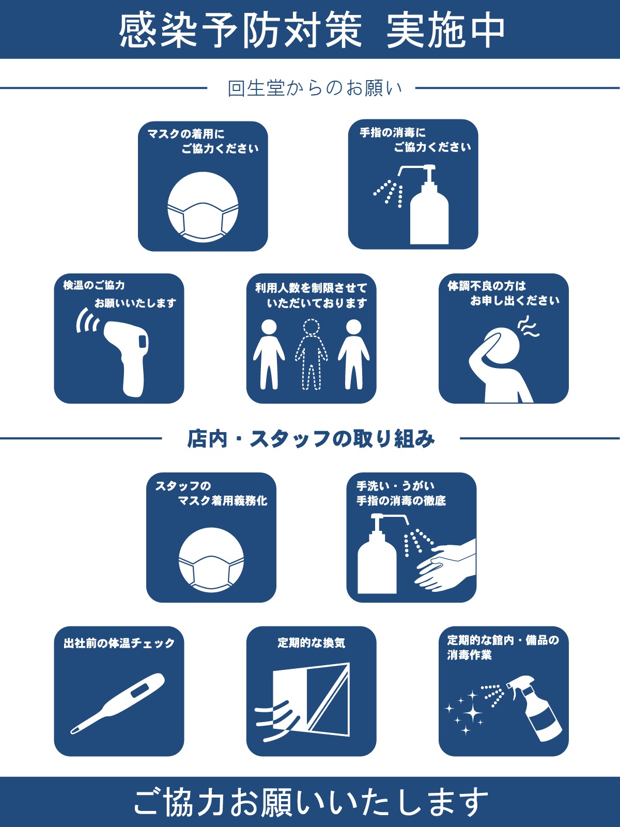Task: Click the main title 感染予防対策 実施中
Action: [312, 30]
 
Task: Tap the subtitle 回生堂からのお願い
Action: [314, 88]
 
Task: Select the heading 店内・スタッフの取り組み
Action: [311, 439]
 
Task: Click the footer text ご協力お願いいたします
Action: [311, 802]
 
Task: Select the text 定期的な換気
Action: [311, 642]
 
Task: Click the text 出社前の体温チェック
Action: [119, 644]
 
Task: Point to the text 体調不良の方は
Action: [486, 286]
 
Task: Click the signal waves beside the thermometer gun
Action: [87, 320]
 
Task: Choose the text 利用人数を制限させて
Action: [311, 288]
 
